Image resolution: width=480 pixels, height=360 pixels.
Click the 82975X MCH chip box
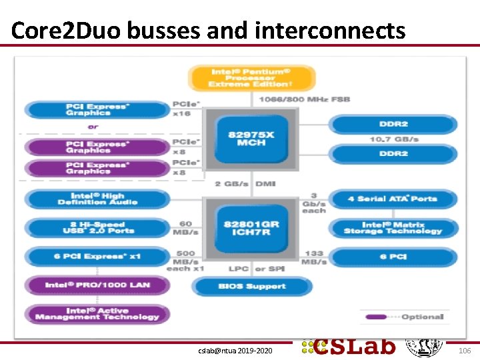point(246,139)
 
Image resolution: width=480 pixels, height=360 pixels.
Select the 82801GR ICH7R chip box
point(246,228)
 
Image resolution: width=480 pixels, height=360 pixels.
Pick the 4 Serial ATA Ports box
point(393,199)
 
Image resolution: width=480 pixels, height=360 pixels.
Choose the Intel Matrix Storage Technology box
point(393,227)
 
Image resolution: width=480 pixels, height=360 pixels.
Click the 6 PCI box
point(393,257)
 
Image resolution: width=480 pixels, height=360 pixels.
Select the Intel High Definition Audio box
point(97,199)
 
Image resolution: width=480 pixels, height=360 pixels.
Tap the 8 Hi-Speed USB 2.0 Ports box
point(97,227)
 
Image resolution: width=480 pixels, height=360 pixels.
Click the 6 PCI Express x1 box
point(97,257)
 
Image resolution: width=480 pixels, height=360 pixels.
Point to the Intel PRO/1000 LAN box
point(97,285)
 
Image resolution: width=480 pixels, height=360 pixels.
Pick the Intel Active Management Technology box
point(97,314)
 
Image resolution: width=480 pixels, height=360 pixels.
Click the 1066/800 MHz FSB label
point(304,99)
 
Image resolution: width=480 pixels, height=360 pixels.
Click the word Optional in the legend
point(423,317)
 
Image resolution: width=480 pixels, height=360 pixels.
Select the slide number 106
point(465,349)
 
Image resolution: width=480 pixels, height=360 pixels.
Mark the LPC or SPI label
point(247,269)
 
